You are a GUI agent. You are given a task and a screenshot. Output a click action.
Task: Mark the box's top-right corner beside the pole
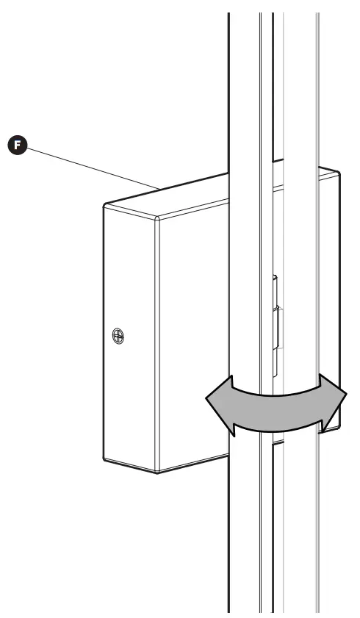338,173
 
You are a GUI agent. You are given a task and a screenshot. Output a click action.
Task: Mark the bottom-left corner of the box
104,460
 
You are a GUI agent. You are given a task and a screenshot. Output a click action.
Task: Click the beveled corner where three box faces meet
157,218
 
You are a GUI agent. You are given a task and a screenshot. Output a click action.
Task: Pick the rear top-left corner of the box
105,205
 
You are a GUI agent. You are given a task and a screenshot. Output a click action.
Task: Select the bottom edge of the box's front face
191,464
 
